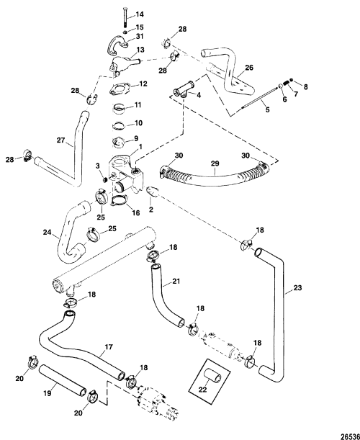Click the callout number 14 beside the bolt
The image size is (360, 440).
(140, 14)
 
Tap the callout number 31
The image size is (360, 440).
(140, 37)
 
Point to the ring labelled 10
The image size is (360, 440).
(120, 125)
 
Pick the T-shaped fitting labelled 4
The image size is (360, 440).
(183, 89)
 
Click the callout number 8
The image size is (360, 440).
(305, 87)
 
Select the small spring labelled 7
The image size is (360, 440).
(287, 84)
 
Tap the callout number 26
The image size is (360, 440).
(249, 68)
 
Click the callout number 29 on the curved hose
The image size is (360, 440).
(215, 163)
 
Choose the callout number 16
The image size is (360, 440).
(136, 213)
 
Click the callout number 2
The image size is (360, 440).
(151, 210)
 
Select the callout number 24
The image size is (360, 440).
(47, 232)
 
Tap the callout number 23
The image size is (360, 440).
(297, 287)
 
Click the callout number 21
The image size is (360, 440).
(176, 281)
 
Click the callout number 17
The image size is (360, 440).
(109, 347)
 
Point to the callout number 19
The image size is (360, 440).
(48, 393)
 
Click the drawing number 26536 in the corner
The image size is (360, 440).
(350, 436)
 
